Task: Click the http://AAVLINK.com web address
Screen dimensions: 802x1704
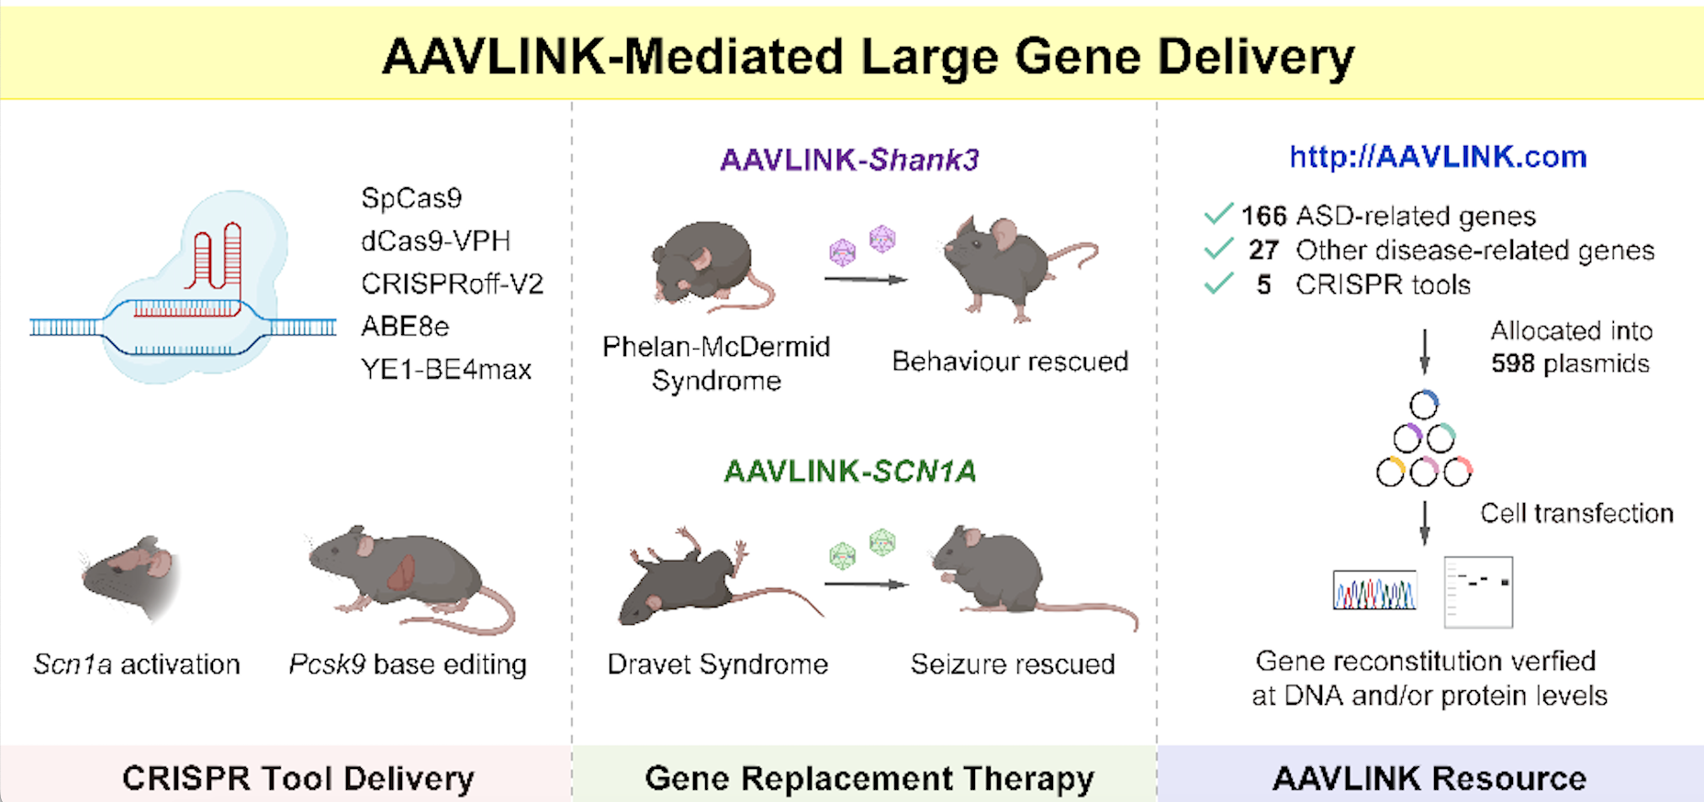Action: pyautogui.click(x=1438, y=157)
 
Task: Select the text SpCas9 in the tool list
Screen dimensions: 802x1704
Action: pyautogui.click(x=411, y=198)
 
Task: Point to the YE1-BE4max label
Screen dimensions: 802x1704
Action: pyautogui.click(x=446, y=370)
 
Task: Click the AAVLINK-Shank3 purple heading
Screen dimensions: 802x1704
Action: pyautogui.click(x=849, y=161)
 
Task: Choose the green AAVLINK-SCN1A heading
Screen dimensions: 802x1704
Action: pyautogui.click(x=849, y=472)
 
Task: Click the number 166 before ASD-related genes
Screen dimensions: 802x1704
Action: pyautogui.click(x=1263, y=217)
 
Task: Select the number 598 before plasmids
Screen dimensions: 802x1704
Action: pyautogui.click(x=1512, y=364)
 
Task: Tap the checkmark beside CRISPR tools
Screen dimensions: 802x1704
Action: pyautogui.click(x=1218, y=284)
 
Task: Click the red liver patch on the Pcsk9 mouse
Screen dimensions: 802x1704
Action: pyautogui.click(x=401, y=573)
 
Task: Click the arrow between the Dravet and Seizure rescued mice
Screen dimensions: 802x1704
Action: pyautogui.click(x=866, y=584)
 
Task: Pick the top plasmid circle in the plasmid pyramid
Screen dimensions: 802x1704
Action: pyautogui.click(x=1424, y=405)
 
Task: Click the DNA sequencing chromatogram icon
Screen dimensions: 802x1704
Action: pyautogui.click(x=1374, y=591)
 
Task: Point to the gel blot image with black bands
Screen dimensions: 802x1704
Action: pyautogui.click(x=1478, y=592)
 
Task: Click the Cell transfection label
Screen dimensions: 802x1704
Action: pyautogui.click(x=1576, y=514)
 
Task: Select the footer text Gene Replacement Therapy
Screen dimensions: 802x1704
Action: pyautogui.click(x=869, y=778)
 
